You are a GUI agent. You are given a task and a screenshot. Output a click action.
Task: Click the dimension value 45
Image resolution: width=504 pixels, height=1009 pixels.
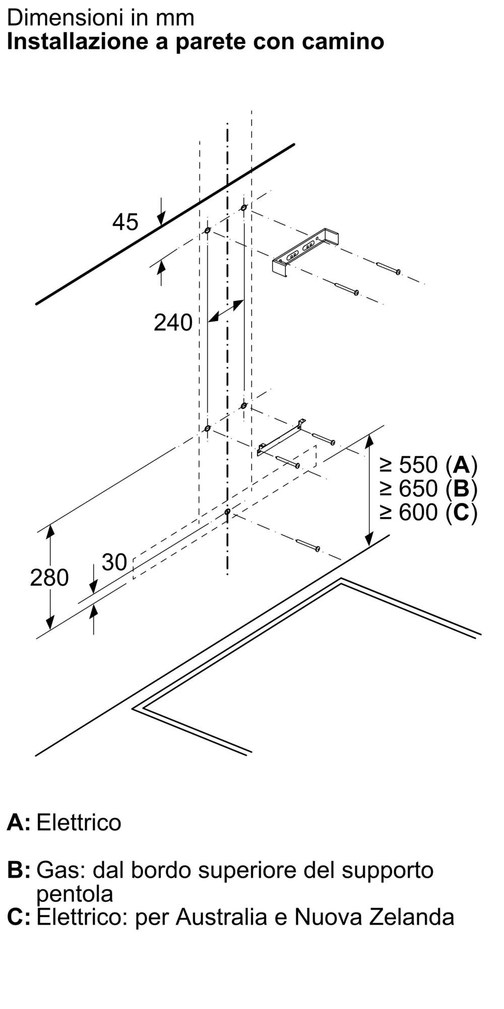coord(125,222)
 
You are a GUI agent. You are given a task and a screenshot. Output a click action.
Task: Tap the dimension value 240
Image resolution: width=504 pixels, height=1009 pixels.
coord(173,322)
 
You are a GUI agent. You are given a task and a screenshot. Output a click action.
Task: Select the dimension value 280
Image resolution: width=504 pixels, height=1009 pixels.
coord(49,578)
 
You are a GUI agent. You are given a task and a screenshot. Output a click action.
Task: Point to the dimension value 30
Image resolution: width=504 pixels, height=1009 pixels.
coord(114,562)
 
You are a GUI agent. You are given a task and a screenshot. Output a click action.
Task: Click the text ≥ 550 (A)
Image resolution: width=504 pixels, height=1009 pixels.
coord(428,465)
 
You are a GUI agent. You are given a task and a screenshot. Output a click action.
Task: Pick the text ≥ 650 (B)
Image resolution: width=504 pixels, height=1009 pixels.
coord(428,488)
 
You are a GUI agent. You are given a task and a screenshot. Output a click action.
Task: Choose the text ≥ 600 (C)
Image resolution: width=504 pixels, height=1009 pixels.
coord(428,513)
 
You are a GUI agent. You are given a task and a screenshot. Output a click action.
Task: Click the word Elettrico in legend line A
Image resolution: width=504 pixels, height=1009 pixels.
coord(79,822)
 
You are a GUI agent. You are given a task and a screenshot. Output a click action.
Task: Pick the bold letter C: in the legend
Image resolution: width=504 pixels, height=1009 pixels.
coord(18,917)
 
